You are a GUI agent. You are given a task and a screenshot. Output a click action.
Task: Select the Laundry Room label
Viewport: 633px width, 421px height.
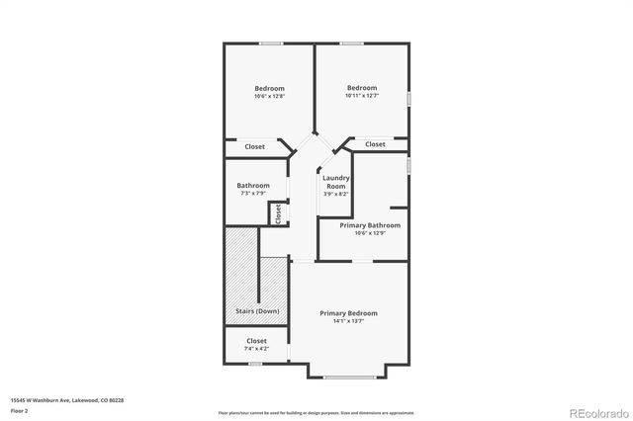(335, 182)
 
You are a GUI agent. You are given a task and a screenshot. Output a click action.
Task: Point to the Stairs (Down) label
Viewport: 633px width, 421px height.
(256, 311)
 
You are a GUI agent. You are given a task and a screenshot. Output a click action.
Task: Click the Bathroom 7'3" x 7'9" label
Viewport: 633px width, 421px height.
(253, 185)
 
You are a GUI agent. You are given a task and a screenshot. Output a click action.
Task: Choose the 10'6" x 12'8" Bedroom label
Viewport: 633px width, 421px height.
(269, 89)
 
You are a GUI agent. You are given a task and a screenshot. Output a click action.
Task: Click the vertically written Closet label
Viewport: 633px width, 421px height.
(279, 211)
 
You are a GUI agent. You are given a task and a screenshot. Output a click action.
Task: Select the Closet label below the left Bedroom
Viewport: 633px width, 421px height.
(254, 146)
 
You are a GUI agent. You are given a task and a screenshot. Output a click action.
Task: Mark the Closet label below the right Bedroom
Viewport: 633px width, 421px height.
(375, 144)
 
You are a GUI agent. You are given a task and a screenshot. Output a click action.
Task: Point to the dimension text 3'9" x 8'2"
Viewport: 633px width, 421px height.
(335, 194)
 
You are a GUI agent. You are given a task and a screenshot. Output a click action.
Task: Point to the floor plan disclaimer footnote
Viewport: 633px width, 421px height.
(316, 411)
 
